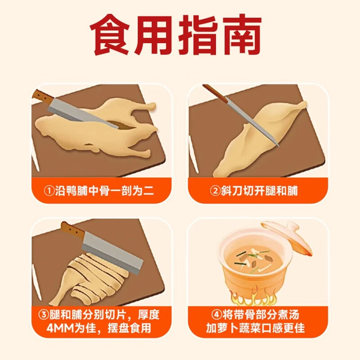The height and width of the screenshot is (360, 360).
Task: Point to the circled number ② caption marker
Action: (x=216, y=191)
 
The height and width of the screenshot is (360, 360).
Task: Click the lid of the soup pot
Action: (x=286, y=238)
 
